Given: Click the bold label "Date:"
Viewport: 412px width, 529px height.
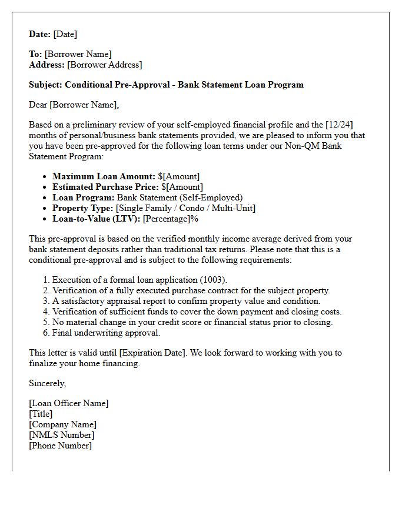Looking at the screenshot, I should [40, 35].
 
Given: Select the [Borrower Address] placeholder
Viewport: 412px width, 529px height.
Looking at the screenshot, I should [104, 65].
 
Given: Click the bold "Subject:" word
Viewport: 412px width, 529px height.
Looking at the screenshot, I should [45, 85].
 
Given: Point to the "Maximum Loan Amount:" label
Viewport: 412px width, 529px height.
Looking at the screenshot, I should [104, 176].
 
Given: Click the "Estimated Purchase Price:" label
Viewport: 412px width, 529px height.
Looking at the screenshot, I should [105, 187].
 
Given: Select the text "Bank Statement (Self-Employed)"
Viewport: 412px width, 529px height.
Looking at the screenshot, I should [180, 197].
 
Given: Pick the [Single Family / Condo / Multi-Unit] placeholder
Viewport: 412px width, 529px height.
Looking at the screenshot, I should [186, 208].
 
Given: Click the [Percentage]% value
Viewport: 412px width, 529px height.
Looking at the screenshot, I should [171, 219].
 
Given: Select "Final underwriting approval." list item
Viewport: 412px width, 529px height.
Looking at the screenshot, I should [106, 333].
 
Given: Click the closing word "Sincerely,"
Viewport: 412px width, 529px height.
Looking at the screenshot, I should [48, 383].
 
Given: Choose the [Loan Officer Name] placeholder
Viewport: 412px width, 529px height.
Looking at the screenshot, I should [69, 403].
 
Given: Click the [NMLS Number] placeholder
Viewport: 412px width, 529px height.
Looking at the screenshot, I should [62, 435].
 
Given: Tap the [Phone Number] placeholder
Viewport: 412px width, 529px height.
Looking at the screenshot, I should [61, 446].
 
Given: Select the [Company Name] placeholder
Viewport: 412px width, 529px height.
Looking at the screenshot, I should [63, 424].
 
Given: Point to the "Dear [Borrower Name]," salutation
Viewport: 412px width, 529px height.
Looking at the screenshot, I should [74, 105].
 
